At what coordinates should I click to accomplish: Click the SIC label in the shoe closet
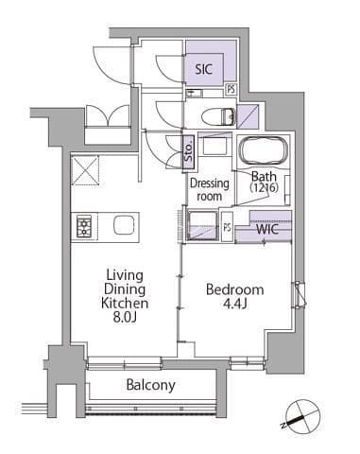[x=203, y=69]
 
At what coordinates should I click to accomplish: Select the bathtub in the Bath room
[x=264, y=150]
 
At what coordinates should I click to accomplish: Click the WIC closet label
[x=267, y=229]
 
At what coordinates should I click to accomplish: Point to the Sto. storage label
[x=188, y=153]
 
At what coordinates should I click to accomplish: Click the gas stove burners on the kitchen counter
[x=84, y=226]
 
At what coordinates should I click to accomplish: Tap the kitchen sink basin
[x=124, y=225]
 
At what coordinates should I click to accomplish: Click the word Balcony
[x=150, y=385]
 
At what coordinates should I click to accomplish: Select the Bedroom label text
[x=235, y=289]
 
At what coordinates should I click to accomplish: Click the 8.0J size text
[x=125, y=318]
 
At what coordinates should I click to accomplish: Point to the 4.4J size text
[x=234, y=305]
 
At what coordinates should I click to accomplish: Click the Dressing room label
[x=210, y=189]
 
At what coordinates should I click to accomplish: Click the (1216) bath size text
[x=265, y=188]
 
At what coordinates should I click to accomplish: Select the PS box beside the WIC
[x=227, y=227]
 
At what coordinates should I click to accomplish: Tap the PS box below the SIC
[x=231, y=89]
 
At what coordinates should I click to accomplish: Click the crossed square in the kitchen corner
[x=85, y=170]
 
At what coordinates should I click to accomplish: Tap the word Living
[x=125, y=275]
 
